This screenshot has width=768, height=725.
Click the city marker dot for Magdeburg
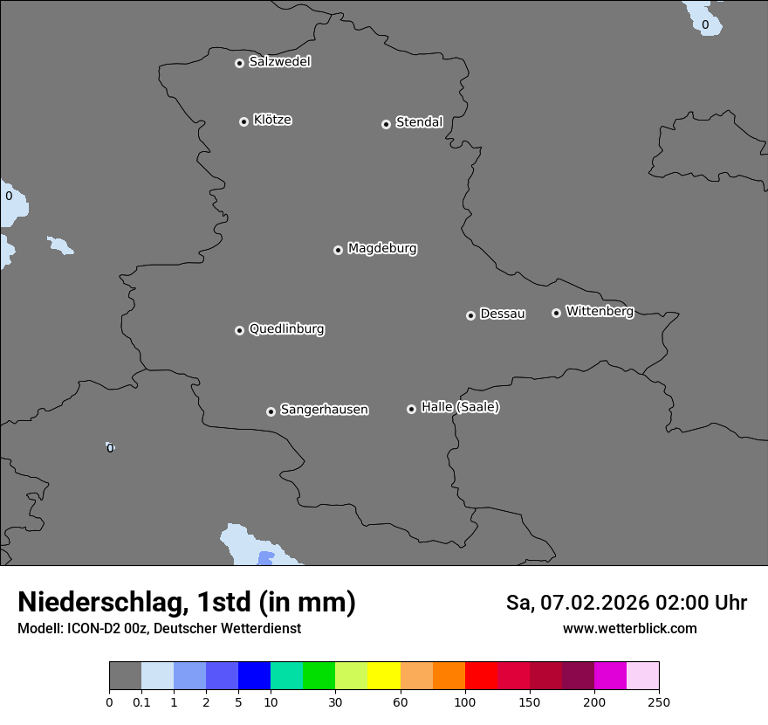[x=338, y=250]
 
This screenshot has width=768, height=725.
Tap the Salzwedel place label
[x=279, y=62]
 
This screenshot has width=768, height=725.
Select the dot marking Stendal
[x=386, y=124]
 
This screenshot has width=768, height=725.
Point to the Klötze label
[x=272, y=120]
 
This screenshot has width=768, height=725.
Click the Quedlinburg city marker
[x=239, y=330]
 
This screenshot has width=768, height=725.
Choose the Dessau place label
[x=503, y=314]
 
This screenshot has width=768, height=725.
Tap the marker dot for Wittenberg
[x=556, y=313]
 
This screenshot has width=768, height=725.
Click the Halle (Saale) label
[x=460, y=407]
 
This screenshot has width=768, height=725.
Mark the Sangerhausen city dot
[x=271, y=411]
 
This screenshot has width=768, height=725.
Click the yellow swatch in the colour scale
[x=384, y=676]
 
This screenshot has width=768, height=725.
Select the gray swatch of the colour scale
[x=125, y=676]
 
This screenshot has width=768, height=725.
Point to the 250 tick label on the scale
[x=659, y=702]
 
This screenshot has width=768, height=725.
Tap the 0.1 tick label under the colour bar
[x=141, y=702]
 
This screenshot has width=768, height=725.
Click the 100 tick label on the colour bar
[x=465, y=702]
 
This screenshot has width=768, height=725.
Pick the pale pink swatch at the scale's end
[x=643, y=676]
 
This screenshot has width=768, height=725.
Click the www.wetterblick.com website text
[x=629, y=628]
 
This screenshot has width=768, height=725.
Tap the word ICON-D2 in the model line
[x=95, y=628]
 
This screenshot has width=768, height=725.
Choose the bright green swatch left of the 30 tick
[x=319, y=676]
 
